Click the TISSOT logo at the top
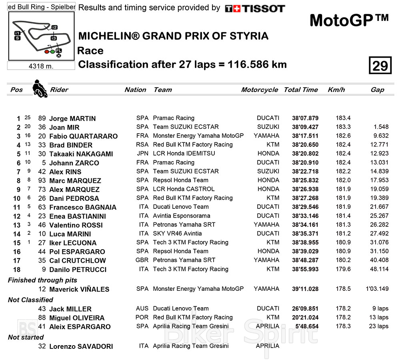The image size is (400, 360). [x=255, y=8]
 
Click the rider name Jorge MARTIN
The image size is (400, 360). [x=72, y=118]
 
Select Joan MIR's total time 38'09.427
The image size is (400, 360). [x=305, y=127]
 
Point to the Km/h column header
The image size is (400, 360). [x=336, y=90]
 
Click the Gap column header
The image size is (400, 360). [x=377, y=90]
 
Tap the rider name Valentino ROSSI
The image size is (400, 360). [x=76, y=225]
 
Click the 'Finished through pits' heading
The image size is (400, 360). [x=42, y=280]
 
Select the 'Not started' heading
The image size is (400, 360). [x=26, y=337]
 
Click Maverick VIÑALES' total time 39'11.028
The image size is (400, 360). [x=305, y=289]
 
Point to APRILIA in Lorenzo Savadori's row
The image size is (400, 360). [x=267, y=346]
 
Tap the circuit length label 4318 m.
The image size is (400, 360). [x=41, y=66]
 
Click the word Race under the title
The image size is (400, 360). [x=90, y=51]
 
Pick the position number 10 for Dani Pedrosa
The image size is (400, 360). [x=17, y=198]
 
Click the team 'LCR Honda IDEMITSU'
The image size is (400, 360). [x=184, y=154]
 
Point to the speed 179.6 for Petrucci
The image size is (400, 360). [x=343, y=269]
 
